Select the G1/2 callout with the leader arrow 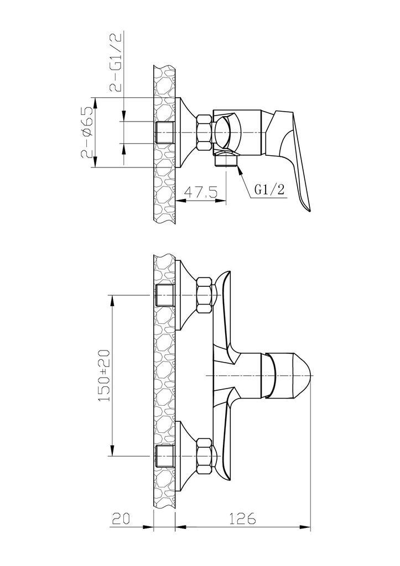pyautogui.click(x=269, y=190)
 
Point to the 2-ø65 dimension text pyautogui.click(x=87, y=133)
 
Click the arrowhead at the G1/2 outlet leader pyautogui.click(x=238, y=168)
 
